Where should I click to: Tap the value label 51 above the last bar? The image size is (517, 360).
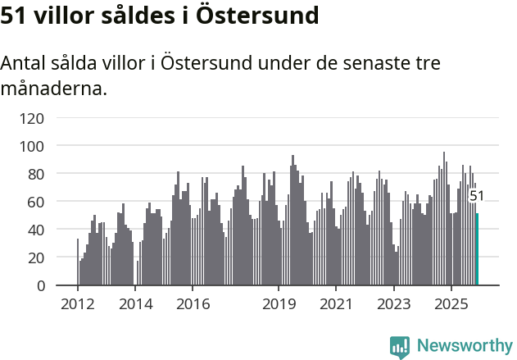pyautogui.click(x=476, y=196)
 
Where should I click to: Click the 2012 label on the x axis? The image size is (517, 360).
pyautogui.click(x=77, y=304)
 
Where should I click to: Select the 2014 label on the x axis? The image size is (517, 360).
pyautogui.click(x=135, y=304)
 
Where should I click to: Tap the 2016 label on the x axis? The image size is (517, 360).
pyautogui.click(x=193, y=304)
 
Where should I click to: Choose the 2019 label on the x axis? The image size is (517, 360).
pyautogui.click(x=279, y=304)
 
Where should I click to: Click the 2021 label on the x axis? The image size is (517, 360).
pyautogui.click(x=336, y=304)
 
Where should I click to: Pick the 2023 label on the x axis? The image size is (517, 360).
pyautogui.click(x=393, y=304)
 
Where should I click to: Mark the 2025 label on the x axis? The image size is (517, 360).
pyautogui.click(x=451, y=304)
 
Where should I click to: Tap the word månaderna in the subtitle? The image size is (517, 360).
pyautogui.click(x=54, y=88)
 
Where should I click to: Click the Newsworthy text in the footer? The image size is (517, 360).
pyautogui.click(x=464, y=345)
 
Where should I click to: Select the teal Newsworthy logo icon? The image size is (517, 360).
pyautogui.click(x=400, y=346)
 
